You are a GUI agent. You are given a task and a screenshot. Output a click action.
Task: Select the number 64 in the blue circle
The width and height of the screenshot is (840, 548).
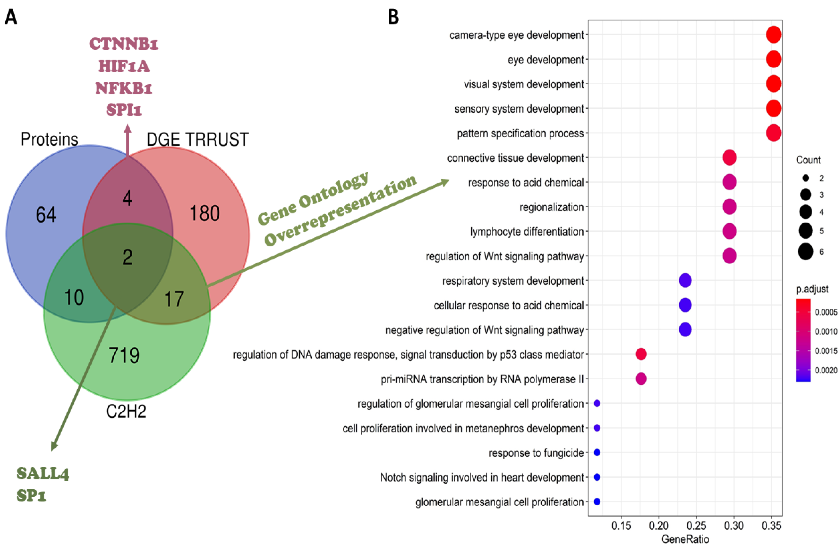coord(46,215)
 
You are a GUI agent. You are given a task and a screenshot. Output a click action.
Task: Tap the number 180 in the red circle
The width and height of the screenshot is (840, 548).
coord(205,213)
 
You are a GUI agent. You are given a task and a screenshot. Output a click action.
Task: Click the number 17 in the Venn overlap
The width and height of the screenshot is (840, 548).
coord(174,299)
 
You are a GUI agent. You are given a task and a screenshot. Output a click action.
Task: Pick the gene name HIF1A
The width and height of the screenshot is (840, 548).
coord(124,66)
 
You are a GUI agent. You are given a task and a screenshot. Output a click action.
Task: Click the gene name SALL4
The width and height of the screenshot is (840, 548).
coord(43,474)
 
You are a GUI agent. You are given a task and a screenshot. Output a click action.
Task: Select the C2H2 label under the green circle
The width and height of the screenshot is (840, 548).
coord(126,411)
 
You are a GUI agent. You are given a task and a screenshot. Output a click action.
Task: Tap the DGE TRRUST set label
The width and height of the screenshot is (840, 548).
coord(198,139)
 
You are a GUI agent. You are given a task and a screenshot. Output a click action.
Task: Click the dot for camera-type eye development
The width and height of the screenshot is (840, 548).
coord(773,35)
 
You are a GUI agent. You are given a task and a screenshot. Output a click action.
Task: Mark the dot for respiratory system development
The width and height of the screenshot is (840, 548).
coord(685,281)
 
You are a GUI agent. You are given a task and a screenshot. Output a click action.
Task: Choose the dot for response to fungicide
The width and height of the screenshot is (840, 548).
coord(597,452)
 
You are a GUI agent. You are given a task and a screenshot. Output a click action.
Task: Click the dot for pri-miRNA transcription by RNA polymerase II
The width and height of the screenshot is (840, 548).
coord(641,379)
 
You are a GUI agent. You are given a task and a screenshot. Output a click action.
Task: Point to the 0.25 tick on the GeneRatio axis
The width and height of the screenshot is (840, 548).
coord(696,526)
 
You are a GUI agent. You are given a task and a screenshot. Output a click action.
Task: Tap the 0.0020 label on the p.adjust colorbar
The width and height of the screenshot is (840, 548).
coord(826,370)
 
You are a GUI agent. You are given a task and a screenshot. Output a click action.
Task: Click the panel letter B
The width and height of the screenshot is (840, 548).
coord(394,17)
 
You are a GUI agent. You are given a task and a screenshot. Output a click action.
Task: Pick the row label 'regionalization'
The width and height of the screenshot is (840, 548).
coord(551,207)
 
